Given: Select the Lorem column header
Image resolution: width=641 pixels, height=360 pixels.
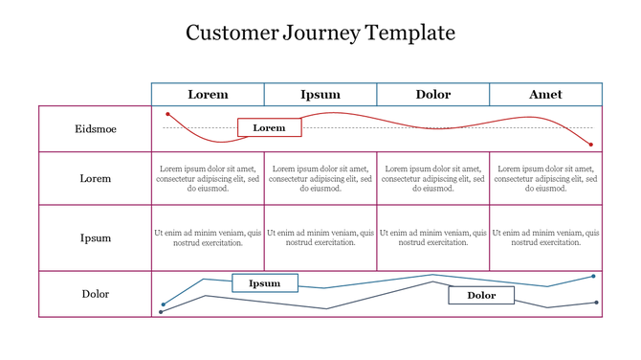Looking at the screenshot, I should tap(208, 94).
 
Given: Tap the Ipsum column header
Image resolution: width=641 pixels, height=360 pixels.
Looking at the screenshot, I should tap(320, 94).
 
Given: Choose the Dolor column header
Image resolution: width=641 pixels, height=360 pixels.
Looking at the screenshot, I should tap(432, 94).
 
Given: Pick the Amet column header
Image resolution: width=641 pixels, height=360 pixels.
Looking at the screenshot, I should tap(545, 94).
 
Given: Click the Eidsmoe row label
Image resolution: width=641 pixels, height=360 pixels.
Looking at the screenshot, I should tap(96, 128).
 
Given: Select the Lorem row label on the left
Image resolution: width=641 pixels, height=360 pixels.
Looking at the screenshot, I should tap(96, 178).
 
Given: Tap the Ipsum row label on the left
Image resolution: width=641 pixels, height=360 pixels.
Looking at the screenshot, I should tap(96, 237).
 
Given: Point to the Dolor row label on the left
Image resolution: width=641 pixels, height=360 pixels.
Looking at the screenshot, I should tap(96, 294).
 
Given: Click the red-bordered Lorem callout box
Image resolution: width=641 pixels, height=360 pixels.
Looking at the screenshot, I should tap(269, 127).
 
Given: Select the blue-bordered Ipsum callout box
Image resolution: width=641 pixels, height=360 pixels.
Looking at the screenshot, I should tap(265, 282).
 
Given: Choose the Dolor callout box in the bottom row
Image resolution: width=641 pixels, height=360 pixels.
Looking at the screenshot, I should tap(481, 295).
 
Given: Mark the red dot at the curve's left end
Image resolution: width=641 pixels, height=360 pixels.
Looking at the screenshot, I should tap(168, 115).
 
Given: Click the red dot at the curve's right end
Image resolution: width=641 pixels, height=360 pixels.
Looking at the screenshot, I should tap(591, 145).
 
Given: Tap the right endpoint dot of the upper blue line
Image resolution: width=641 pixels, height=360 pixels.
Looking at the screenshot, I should tap(593, 277).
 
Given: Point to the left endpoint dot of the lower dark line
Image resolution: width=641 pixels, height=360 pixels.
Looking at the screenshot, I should tap(161, 312).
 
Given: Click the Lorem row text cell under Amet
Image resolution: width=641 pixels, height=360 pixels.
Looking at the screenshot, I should tap(545, 178).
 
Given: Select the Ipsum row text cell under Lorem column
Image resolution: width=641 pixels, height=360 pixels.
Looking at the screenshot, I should tap(208, 237).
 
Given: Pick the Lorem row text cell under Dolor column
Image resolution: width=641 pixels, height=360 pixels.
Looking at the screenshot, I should tap(432, 178).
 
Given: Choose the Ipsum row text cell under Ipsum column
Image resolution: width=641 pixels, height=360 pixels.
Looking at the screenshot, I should tap(320, 237).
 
